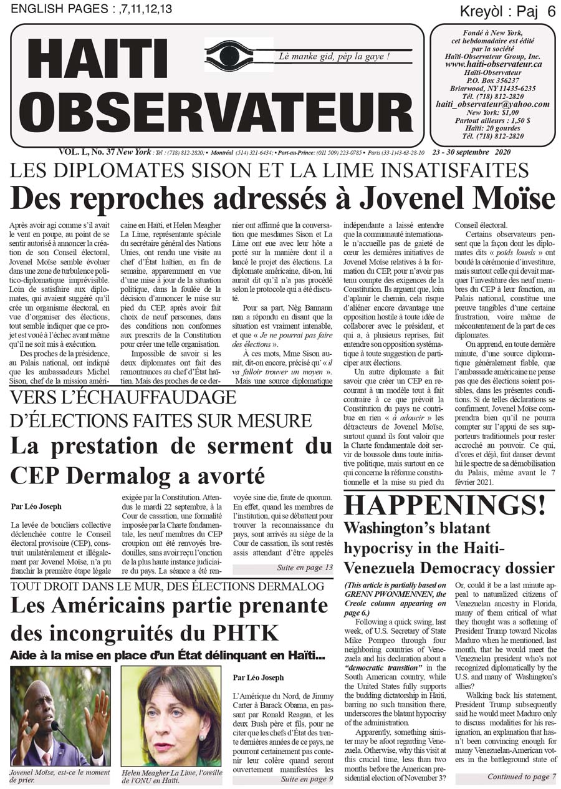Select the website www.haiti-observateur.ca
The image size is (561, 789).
493,64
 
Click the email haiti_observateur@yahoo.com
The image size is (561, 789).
493,104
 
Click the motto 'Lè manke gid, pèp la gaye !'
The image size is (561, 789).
335,57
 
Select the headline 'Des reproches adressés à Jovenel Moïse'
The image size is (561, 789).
282,198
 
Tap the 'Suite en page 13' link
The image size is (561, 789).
305,568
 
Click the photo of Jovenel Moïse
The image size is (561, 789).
60,715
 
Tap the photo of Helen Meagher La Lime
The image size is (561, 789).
170,715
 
